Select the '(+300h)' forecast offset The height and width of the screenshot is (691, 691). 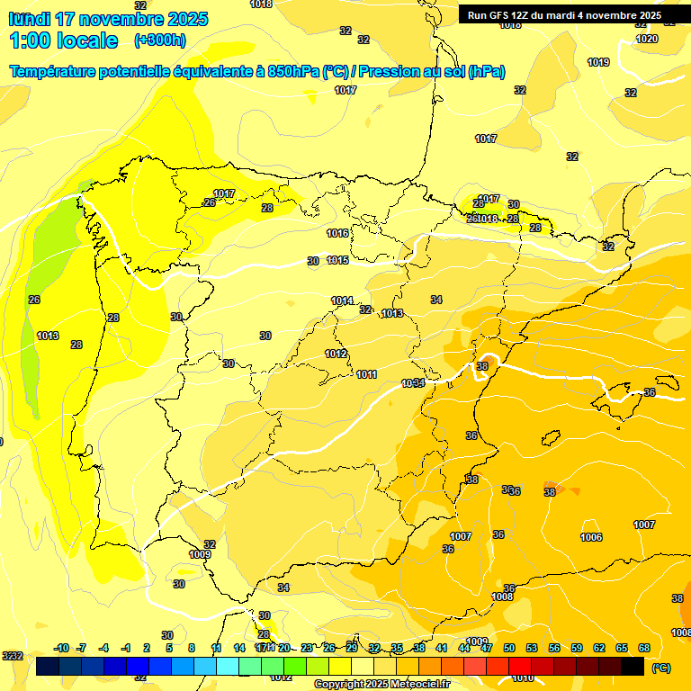pyautogui.click(x=159, y=40)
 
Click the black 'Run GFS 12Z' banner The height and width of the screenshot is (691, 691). pyautogui.click(x=564, y=14)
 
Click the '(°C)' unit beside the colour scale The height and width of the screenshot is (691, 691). pyautogui.click(x=660, y=667)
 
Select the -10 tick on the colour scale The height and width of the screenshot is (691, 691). pyautogui.click(x=62, y=648)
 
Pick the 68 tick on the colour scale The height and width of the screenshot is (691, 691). pyautogui.click(x=644, y=648)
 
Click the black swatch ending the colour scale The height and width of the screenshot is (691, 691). pyautogui.click(x=633, y=666)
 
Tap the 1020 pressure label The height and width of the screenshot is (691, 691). pyautogui.click(x=646, y=39)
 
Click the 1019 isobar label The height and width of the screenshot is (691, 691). pyautogui.click(x=598, y=62)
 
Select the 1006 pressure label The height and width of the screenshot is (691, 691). pyautogui.click(x=591, y=537)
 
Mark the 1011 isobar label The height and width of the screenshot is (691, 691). pyautogui.click(x=366, y=374)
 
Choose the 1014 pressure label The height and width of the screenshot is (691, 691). pyautogui.click(x=342, y=301)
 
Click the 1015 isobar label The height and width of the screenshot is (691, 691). pyautogui.click(x=337, y=260)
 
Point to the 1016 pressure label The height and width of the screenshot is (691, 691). pyautogui.click(x=337, y=233)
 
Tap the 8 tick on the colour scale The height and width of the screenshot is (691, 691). pyautogui.click(x=192, y=648)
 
